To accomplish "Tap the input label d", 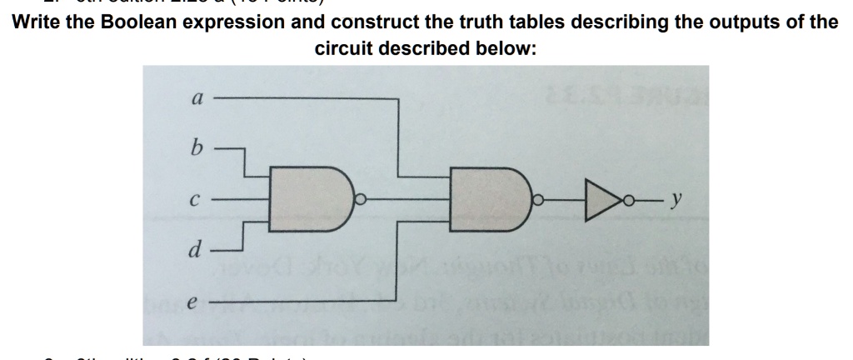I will coord(196,249).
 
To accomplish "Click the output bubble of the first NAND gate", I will coord(361,200).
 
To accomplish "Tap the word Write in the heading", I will coord(39,21).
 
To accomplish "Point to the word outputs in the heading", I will coord(715,21).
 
